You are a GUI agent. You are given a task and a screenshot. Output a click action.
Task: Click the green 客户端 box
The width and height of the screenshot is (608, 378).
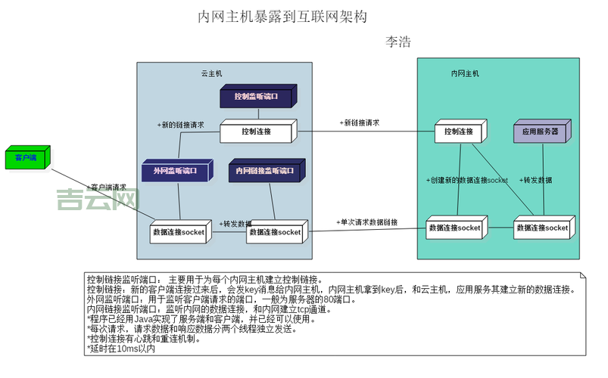[26, 157]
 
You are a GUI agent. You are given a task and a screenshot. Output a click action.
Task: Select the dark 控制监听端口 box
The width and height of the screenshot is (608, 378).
[256, 97]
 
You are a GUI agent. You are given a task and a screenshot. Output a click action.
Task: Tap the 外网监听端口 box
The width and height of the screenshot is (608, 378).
[175, 172]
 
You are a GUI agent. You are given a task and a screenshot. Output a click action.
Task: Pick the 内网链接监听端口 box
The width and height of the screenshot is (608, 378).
[265, 172]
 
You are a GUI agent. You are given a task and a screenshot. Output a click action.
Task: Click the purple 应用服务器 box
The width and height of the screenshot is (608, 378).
[539, 132]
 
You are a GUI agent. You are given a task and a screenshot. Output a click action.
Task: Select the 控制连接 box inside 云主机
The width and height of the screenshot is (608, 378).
[256, 132]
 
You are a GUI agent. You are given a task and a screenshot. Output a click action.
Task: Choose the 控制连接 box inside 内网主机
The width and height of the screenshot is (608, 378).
[458, 132]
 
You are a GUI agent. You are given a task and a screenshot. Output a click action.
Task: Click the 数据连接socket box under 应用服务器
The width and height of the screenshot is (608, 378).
[541, 228]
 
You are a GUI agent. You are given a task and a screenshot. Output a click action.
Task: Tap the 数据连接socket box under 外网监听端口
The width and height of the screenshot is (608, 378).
[179, 232]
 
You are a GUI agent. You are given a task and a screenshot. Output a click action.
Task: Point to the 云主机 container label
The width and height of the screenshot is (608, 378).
[211, 74]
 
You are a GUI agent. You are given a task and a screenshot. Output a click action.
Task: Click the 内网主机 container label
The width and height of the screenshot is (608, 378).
[465, 74]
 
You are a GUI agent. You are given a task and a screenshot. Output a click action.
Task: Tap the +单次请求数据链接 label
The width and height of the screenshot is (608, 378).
[367, 222]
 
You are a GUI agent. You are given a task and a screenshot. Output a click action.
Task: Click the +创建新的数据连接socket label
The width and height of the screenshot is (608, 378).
[466, 180]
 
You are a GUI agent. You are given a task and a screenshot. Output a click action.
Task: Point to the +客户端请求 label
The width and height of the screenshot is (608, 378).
[107, 187]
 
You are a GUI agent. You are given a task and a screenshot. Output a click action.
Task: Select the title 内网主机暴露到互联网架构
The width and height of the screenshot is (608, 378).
[282, 16]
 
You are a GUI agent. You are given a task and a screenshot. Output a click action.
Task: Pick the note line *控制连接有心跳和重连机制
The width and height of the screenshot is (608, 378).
[144, 339]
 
